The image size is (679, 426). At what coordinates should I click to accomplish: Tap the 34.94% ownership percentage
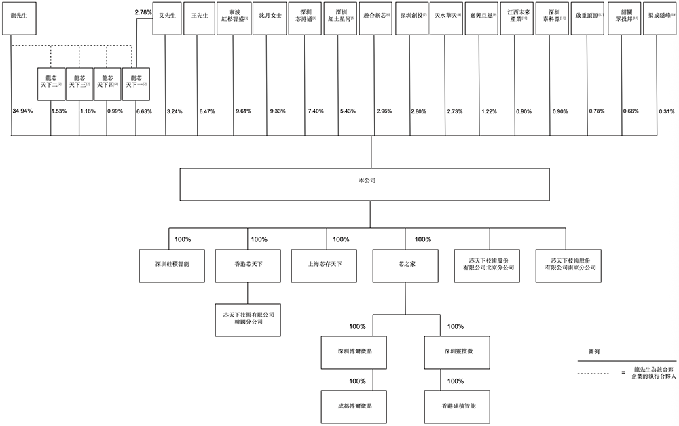pyautogui.click(x=22, y=110)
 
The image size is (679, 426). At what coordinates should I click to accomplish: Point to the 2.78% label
pyautogui.click(x=143, y=13)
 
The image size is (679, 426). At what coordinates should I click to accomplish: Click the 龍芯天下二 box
pyautogui.click(x=51, y=83)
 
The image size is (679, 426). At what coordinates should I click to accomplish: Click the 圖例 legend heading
pyautogui.click(x=593, y=353)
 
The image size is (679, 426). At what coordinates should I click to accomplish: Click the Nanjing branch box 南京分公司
pyautogui.click(x=566, y=263)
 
